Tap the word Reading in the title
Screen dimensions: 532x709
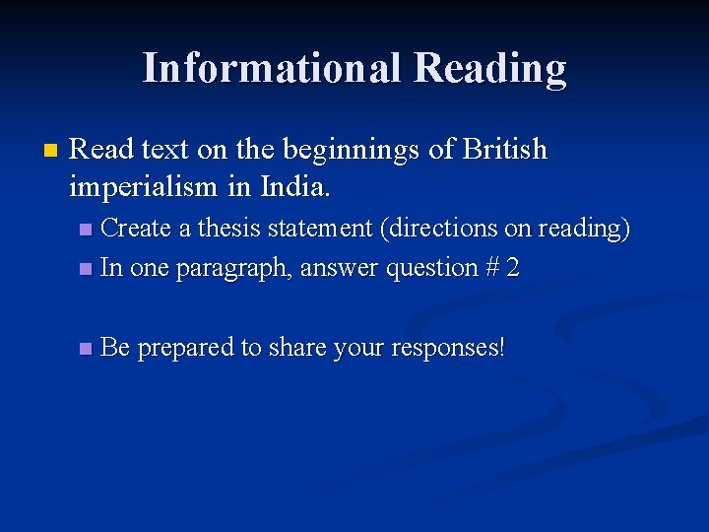(x=490, y=69)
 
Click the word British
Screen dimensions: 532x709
(x=504, y=150)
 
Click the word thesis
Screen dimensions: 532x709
(x=227, y=229)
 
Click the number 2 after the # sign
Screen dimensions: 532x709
(x=512, y=267)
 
